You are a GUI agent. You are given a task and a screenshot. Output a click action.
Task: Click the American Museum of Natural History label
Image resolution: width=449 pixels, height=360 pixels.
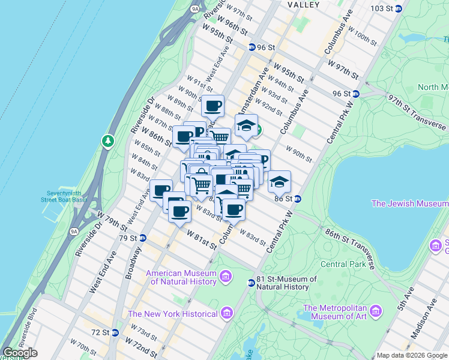click(181, 277)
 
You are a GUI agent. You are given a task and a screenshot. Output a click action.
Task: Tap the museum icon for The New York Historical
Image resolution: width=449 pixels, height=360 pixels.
click(226, 313)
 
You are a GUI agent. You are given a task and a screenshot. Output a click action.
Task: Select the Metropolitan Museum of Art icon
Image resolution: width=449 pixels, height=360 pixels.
click(376, 311)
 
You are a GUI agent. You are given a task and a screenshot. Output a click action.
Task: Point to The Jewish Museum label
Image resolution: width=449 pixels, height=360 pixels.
click(409, 203)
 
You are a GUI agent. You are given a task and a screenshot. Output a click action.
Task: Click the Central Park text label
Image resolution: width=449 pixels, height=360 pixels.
click(343, 263)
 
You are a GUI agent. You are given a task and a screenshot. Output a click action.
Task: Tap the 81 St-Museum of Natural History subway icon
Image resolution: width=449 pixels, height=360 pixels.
click(252, 283)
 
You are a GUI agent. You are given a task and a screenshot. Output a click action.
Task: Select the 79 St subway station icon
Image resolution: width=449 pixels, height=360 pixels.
click(143, 238)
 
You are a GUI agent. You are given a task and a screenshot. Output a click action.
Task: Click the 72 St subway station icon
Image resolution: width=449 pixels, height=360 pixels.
click(115, 332)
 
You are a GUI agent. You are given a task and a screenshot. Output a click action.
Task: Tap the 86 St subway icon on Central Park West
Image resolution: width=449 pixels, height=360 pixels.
click(297, 199)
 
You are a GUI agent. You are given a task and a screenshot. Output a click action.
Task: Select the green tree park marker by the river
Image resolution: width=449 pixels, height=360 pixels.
click(108, 141)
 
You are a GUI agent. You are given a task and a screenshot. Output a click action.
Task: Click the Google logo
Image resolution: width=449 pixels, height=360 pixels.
click(20, 352)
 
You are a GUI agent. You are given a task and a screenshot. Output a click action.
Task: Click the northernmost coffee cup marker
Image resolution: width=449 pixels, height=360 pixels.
click(212, 106)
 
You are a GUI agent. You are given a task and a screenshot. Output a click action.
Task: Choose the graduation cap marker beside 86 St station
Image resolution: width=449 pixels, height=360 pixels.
click(279, 181)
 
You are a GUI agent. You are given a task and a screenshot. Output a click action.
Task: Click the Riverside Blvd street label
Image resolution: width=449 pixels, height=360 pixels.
click(28, 324)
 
